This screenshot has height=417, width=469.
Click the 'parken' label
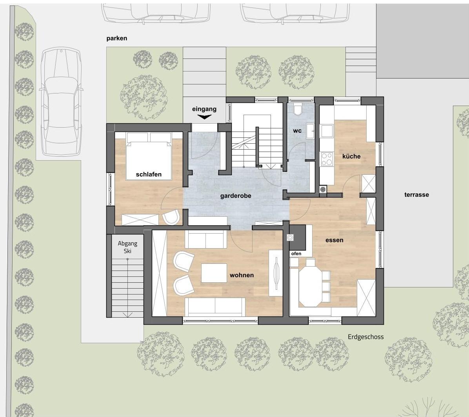coord(116,38)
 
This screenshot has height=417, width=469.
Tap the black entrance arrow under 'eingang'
coord(204,117)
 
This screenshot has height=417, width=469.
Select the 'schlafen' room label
coord(149,174)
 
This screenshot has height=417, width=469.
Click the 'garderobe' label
coord(236,196)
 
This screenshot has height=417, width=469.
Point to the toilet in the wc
coord(298,110)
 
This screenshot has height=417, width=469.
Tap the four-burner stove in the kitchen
coord(326,159)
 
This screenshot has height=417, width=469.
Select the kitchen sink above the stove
coord(327,131)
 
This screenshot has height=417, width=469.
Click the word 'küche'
coord(351,156)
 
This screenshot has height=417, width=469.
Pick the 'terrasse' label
coord(417,195)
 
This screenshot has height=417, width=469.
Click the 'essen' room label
coord(334,240)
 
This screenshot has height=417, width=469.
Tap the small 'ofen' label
coord(296,254)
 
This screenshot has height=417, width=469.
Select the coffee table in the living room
coord(214,273)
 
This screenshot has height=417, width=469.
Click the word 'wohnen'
coord(242,275)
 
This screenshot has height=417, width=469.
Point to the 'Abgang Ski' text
coord(127,247)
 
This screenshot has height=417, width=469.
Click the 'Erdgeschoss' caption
coord(365,337)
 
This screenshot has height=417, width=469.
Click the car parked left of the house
coord(61,101)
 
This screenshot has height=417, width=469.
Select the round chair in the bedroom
coord(171,217)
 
